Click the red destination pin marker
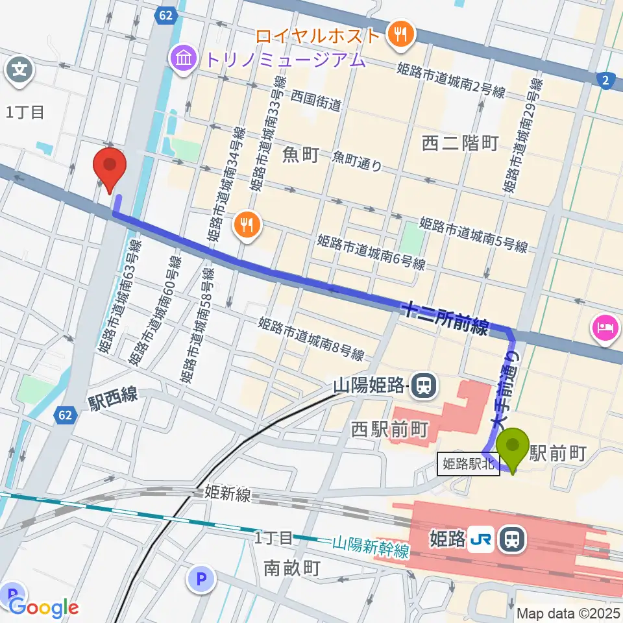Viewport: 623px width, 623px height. (110, 168)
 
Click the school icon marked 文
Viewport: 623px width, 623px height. (21, 68)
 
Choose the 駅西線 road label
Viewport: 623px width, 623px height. (113, 395)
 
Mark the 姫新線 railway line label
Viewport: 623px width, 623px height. (227, 494)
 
